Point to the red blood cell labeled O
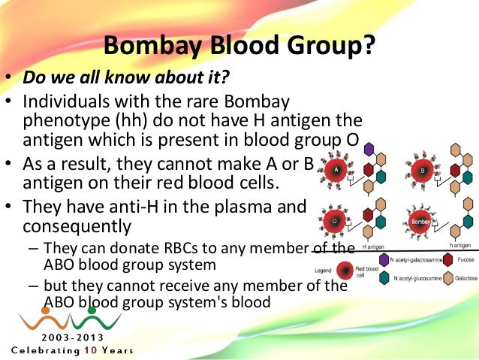coord(334,221)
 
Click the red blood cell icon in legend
coord(345,270)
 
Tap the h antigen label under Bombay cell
coord(459,246)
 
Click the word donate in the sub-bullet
coord(125,248)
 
